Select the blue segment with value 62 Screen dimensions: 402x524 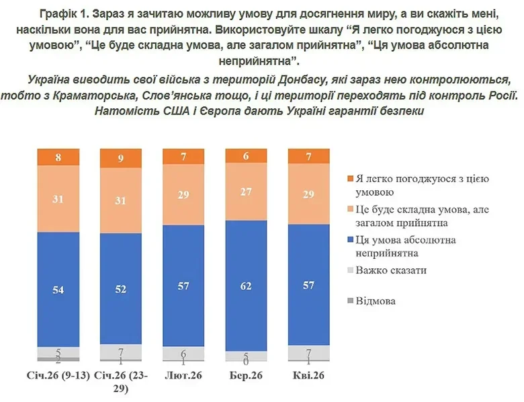pos(245,286)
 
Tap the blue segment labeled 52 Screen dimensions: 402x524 pos(121,288)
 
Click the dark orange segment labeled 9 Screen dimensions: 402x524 pos(121,159)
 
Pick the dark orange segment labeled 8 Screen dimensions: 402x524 pos(58,157)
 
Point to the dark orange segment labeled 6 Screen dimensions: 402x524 pos(245,156)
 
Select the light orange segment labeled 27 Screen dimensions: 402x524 pos(245,192)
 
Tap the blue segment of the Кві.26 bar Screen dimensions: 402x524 pos(308,285)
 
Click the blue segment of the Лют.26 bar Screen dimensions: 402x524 pos(183,286)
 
